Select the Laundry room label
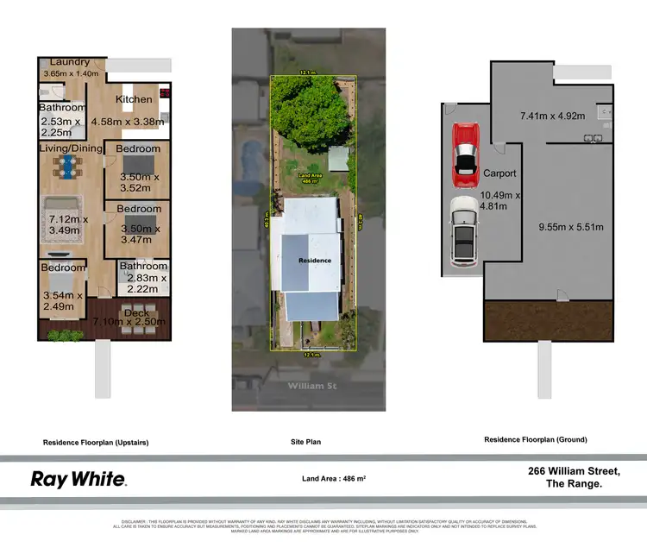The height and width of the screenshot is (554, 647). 70,62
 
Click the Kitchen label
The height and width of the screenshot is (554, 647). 134,99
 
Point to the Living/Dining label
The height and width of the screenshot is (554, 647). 69,148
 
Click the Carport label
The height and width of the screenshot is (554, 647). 499,173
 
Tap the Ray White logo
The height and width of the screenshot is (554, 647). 79,479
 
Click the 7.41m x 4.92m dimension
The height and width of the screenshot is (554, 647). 551,114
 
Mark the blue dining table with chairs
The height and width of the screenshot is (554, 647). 66,173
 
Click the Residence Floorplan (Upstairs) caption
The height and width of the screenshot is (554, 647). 96,442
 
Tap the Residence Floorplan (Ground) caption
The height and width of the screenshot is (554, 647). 535,439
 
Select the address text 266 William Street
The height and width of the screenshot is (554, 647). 574,471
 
